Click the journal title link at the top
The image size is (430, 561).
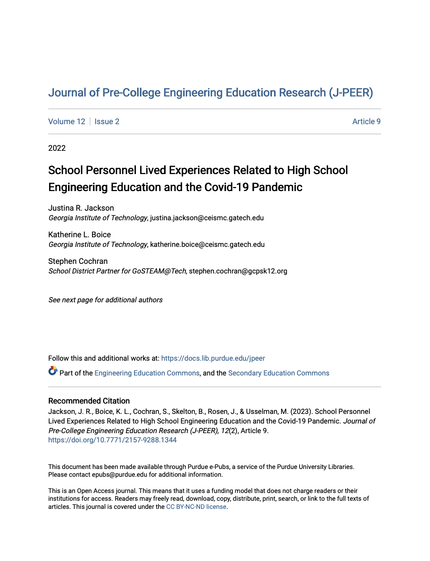211,92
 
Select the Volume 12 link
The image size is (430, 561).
66,122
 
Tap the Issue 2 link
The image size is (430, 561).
107,122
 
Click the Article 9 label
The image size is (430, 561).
366,122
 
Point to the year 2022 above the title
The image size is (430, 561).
57,148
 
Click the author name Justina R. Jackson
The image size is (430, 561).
81,208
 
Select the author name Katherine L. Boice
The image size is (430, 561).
79,235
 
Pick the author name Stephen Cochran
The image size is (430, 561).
78,261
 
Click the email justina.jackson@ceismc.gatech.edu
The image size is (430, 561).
207,218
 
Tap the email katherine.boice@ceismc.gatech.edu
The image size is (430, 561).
207,245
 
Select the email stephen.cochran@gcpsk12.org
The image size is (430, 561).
238,271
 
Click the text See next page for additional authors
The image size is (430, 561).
105,300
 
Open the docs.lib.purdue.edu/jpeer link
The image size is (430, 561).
213,358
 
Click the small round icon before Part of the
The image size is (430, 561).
53,371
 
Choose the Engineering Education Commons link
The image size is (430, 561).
147,373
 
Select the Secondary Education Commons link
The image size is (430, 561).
279,373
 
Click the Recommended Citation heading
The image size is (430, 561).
89,401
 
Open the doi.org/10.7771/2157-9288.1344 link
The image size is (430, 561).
112,440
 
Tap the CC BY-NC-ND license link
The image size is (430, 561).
196,507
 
